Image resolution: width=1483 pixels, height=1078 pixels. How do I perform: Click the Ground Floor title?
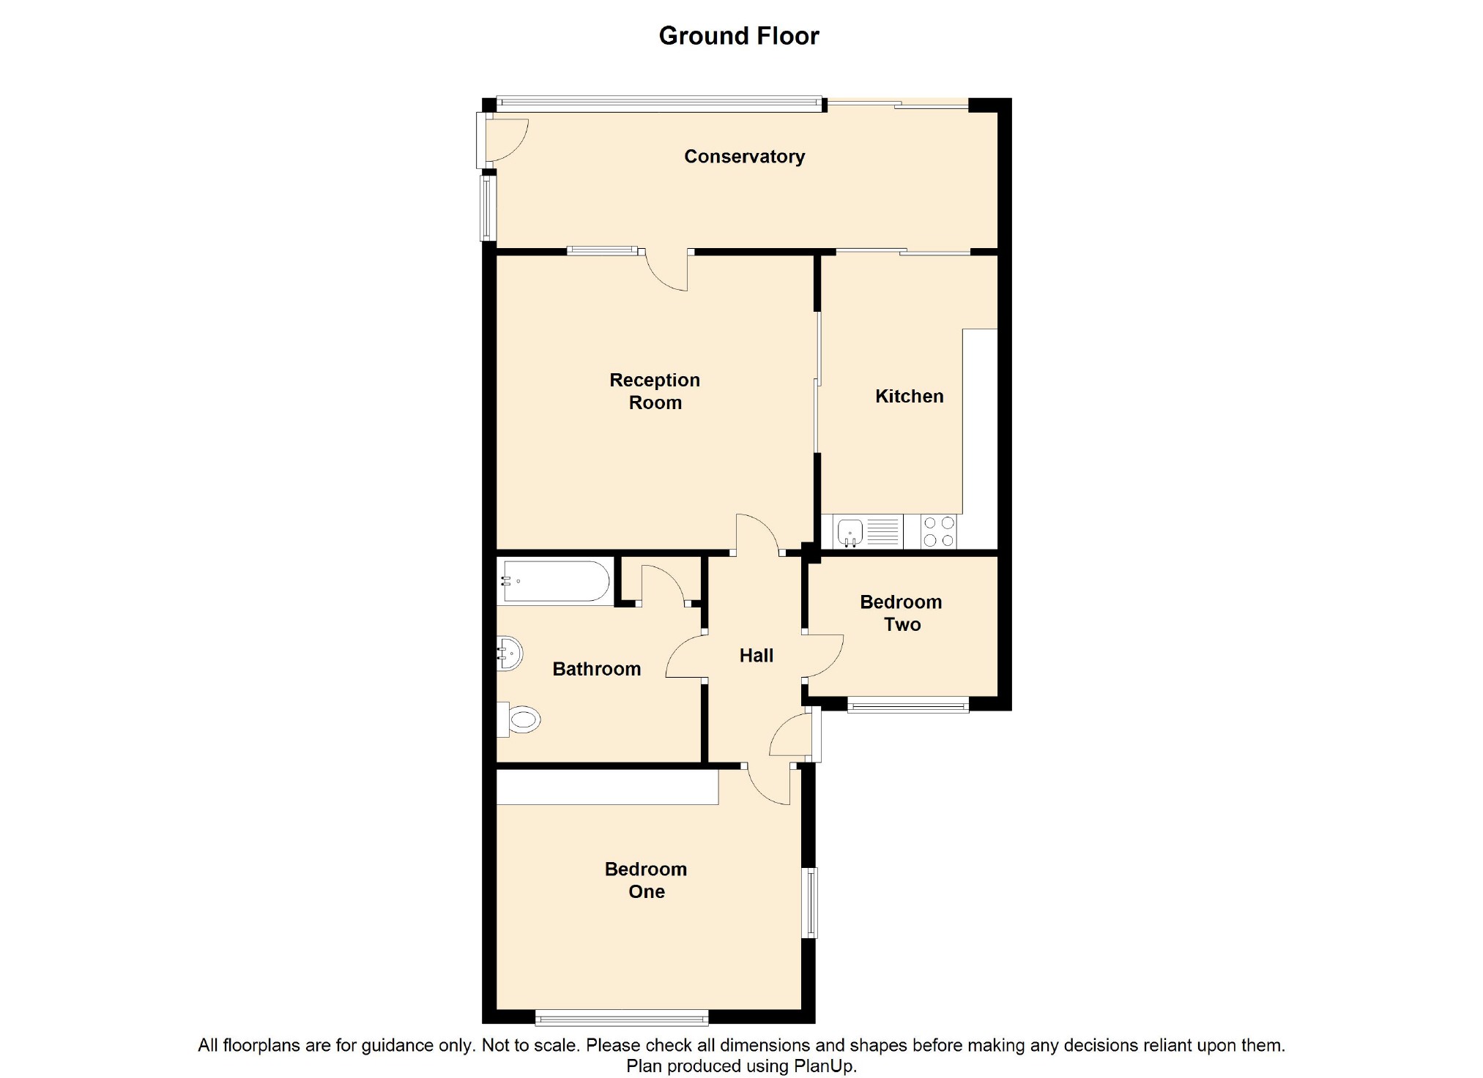pos(739,36)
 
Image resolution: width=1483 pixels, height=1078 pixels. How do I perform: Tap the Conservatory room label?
pos(744,157)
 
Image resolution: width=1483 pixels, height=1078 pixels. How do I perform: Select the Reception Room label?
pos(655,392)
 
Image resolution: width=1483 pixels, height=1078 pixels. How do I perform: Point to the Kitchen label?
pos(909,397)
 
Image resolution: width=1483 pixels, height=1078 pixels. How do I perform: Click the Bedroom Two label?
pos(901,613)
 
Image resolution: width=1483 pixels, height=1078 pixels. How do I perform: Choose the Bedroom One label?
pos(646,880)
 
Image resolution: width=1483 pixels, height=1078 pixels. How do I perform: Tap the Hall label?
pos(756,656)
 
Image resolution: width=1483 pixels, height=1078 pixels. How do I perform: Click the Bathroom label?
pos(596,669)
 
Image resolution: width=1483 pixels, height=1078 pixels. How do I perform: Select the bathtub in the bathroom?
pos(554,582)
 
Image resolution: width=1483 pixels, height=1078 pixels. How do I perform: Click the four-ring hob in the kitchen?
pos(939,531)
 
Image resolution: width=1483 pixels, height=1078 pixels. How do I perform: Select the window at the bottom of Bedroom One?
pos(622,1017)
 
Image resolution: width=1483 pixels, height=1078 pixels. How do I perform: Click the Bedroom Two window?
pos(908,705)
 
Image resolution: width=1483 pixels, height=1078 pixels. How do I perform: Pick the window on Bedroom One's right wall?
pos(810,902)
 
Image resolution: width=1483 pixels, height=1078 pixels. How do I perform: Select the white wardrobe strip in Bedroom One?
pos(607,787)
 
